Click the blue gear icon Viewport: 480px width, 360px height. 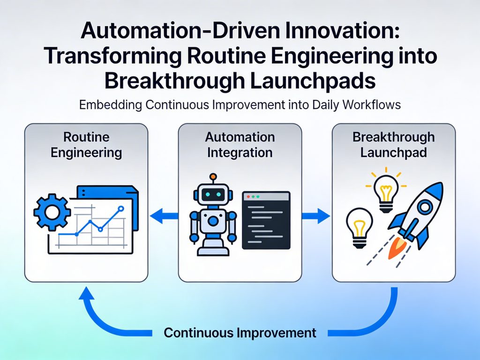[52, 212]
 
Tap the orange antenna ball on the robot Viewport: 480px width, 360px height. [213, 177]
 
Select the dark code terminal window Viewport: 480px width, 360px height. [266, 220]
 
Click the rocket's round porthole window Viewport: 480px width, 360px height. [425, 207]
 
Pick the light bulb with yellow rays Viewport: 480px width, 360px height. [386, 190]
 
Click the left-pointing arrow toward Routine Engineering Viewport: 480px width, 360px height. [164, 216]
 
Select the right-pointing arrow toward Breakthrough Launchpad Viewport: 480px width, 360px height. [316, 216]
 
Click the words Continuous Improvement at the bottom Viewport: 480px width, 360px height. [240, 333]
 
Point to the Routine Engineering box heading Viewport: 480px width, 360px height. [86, 144]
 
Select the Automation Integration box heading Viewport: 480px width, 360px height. [240, 144]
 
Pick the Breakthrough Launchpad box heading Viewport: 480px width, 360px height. [394, 144]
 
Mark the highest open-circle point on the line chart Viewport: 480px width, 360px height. [121, 209]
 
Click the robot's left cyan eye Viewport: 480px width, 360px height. [208, 194]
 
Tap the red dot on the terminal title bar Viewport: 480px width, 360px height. [248, 196]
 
